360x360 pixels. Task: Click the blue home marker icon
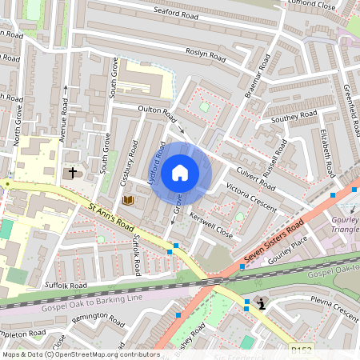click(x=180, y=172)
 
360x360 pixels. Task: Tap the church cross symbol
click(x=73, y=172)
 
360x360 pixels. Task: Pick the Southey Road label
click(x=294, y=119)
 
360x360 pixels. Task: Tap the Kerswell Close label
click(x=210, y=225)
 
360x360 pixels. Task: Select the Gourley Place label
click(x=289, y=255)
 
